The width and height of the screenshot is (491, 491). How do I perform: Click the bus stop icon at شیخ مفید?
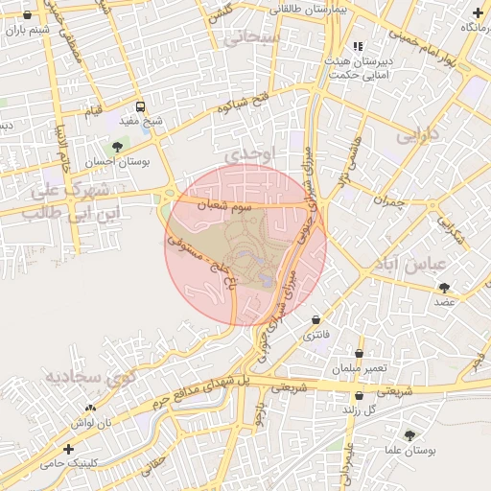pyautogui.click(x=141, y=107)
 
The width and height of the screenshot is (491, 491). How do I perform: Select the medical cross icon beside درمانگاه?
pyautogui.click(x=478, y=12)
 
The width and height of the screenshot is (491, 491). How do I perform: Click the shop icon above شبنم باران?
pyautogui.click(x=26, y=16)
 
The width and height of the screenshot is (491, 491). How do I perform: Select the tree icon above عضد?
pyautogui.click(x=444, y=287)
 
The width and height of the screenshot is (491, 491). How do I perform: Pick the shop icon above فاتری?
pyautogui.click(x=316, y=319)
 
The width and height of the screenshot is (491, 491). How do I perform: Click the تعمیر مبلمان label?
pyautogui.click(x=360, y=368)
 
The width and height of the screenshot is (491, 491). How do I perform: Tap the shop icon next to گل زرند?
pyautogui.click(x=359, y=395)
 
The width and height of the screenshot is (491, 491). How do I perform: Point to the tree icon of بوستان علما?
pyautogui.click(x=410, y=435)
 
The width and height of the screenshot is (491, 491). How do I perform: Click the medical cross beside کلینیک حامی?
pyautogui.click(x=67, y=449)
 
